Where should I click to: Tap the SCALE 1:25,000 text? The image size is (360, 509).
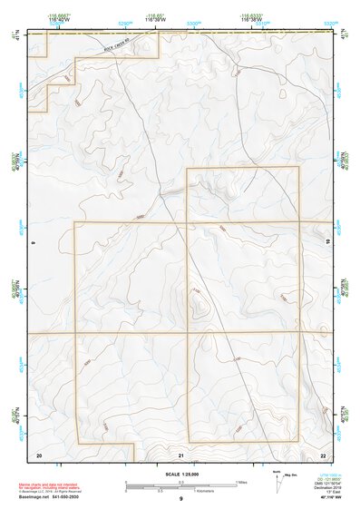[x=180, y=475]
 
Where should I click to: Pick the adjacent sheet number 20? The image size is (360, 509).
[x=39, y=453]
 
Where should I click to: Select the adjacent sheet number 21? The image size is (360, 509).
[x=181, y=453]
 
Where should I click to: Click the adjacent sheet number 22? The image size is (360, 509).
[x=323, y=453]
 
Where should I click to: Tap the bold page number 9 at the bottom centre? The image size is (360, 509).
[x=180, y=500]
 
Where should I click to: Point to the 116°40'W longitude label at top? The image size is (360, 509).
[x=60, y=19]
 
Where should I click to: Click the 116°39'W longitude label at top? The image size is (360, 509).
[x=157, y=19]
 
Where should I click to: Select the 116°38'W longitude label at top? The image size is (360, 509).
[x=251, y=19]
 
